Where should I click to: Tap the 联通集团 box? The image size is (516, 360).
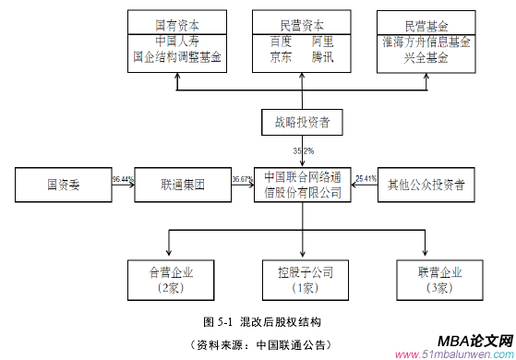(181, 185)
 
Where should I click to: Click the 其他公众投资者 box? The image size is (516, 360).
(426, 185)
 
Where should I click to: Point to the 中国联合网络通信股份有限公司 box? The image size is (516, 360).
(302, 185)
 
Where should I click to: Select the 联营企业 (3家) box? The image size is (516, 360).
(426, 280)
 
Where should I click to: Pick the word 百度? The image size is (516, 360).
(281, 42)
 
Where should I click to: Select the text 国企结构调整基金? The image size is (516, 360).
(178, 56)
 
